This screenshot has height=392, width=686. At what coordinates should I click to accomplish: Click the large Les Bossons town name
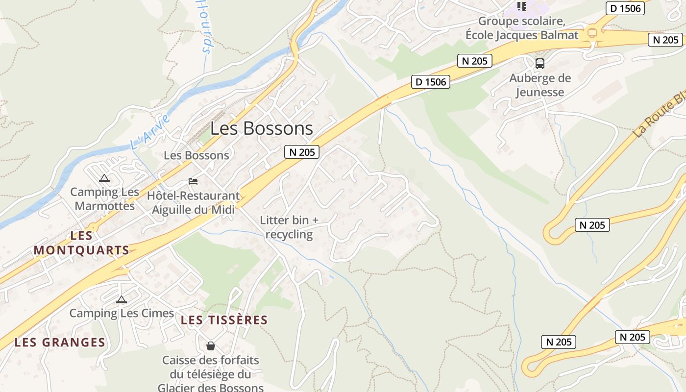point(262,128)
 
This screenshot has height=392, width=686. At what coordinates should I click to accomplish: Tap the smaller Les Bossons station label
point(196,155)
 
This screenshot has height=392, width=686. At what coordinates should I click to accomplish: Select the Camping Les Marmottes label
point(104,199)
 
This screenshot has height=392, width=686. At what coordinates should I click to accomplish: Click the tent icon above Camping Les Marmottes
point(104,178)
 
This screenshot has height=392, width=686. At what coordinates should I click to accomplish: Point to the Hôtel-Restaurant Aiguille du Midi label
point(194,203)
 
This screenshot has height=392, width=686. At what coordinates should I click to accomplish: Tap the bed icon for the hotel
point(193,181)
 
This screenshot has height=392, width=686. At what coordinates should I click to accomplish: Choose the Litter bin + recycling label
point(289,227)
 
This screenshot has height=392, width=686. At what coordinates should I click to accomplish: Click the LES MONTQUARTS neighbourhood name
point(81,243)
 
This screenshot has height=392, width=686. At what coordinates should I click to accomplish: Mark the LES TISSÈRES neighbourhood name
point(224,320)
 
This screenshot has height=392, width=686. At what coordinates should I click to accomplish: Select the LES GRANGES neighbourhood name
point(60,342)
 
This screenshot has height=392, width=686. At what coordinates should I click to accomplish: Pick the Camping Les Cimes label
point(122,313)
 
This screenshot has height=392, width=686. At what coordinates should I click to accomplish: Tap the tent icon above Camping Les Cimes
point(122,299)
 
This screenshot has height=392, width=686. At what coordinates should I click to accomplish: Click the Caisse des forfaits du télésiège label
point(211,374)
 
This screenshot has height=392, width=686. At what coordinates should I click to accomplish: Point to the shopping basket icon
point(211,346)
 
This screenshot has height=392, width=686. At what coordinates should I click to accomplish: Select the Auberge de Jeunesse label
point(540,85)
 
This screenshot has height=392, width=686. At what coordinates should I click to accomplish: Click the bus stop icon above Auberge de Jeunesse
point(540,63)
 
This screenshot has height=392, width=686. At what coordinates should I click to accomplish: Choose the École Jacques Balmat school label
point(522,28)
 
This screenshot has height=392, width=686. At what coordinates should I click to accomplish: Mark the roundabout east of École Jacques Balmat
point(592,33)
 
